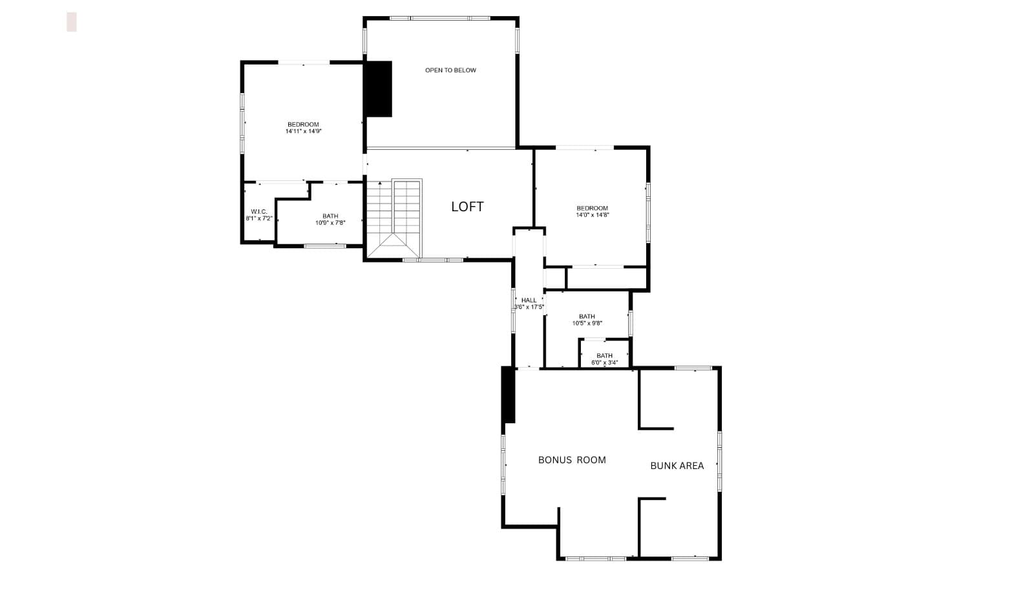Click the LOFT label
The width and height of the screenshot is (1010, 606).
(x=467, y=207)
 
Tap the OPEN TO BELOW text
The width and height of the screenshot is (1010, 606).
(x=450, y=70)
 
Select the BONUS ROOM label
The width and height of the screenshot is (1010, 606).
(x=572, y=460)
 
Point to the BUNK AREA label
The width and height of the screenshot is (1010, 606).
(x=677, y=466)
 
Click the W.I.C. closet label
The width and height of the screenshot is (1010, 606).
(x=259, y=211)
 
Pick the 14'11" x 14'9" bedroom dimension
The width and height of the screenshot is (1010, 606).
(x=304, y=131)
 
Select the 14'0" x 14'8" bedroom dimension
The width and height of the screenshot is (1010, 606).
(x=593, y=215)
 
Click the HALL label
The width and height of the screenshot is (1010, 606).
(x=529, y=300)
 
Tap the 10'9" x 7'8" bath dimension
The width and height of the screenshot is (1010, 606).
(x=330, y=223)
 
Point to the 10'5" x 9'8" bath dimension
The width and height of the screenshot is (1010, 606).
(x=587, y=323)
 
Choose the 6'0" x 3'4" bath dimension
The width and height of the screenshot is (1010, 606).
(x=604, y=362)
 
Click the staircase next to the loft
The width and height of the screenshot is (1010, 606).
(x=394, y=219)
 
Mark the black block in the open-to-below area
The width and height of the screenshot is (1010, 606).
(x=378, y=89)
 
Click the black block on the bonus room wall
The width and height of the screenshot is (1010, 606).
(x=508, y=395)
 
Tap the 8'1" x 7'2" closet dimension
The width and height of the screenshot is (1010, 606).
(x=259, y=218)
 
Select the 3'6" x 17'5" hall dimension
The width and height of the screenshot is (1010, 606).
(x=529, y=307)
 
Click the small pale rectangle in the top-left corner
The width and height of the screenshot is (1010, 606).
(x=72, y=22)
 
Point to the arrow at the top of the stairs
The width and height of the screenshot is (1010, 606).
(x=380, y=183)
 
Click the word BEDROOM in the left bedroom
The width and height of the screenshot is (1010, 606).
(x=303, y=125)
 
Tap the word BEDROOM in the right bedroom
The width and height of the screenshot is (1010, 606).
(x=592, y=208)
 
